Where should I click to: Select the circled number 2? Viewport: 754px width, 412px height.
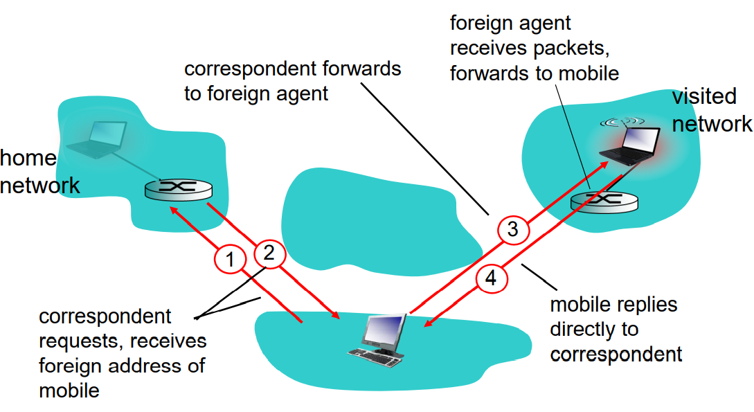(269, 253)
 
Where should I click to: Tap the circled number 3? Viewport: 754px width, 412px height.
(513, 230)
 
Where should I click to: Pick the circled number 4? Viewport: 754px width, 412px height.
(491, 279)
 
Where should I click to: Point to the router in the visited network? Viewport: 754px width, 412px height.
(604, 202)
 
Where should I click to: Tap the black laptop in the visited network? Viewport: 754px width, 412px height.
(629, 143)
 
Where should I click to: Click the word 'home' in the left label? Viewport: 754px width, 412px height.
(28, 159)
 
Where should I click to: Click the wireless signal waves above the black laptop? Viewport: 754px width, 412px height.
(622, 123)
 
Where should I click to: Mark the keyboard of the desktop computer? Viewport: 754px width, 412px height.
(374, 354)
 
